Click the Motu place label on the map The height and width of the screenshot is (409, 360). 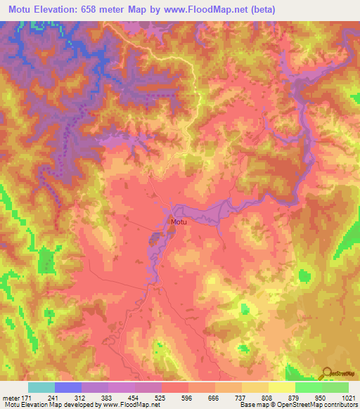tap(178, 222)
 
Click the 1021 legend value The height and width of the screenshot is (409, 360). tap(346, 398)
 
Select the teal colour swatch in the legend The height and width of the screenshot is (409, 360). tap(41, 387)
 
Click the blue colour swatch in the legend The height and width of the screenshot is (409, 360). tap(68, 387)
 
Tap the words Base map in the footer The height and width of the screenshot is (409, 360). tap(251, 405)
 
